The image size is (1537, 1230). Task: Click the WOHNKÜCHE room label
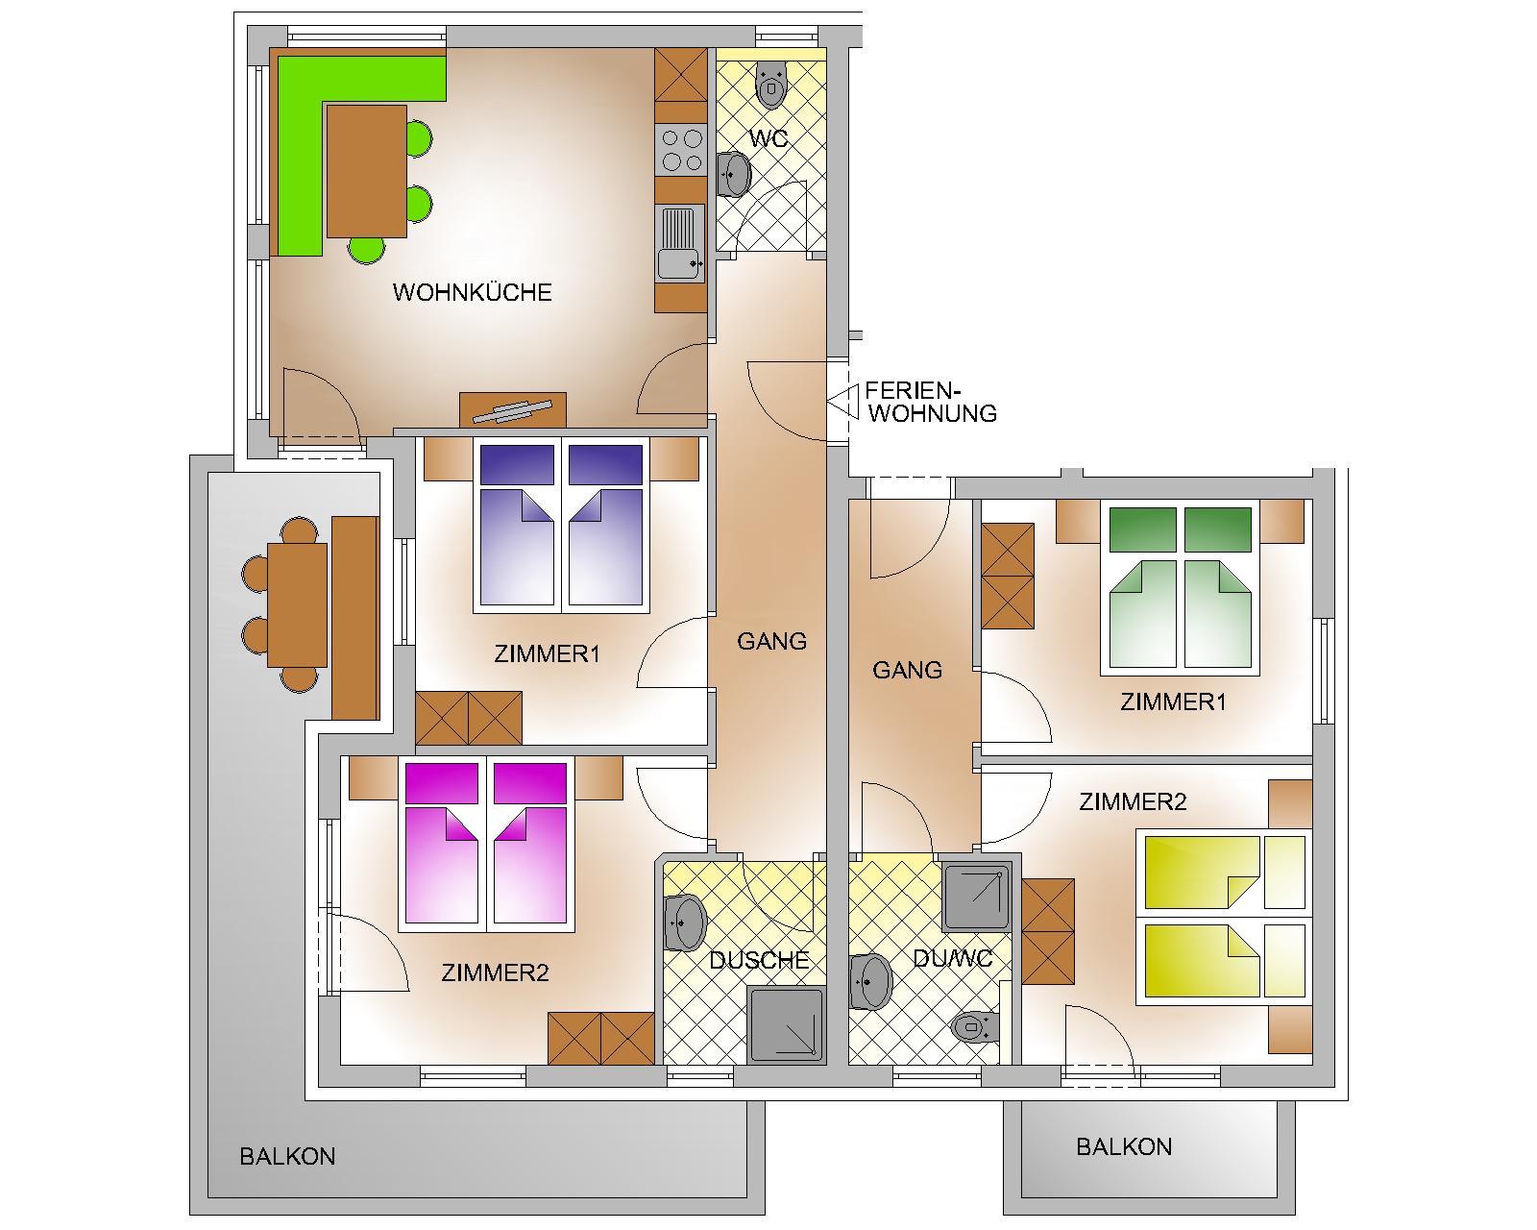pos(472,292)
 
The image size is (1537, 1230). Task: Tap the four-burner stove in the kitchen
pos(681,151)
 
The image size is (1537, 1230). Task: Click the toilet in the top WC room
pos(770,86)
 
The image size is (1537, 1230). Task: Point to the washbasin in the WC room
pos(735,174)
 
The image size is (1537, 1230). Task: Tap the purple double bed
pos(559,526)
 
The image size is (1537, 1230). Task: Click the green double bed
pos(1181,587)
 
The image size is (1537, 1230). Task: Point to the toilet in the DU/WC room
pos(975,1028)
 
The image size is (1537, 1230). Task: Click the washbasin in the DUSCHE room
pos(684,922)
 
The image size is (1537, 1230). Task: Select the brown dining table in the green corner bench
pos(366,171)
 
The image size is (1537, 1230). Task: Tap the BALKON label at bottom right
pos(1123,1146)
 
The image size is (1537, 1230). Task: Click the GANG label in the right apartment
pos(907,670)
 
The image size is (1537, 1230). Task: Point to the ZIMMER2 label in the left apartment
pos(495,972)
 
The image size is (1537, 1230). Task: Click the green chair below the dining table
pos(366,250)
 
